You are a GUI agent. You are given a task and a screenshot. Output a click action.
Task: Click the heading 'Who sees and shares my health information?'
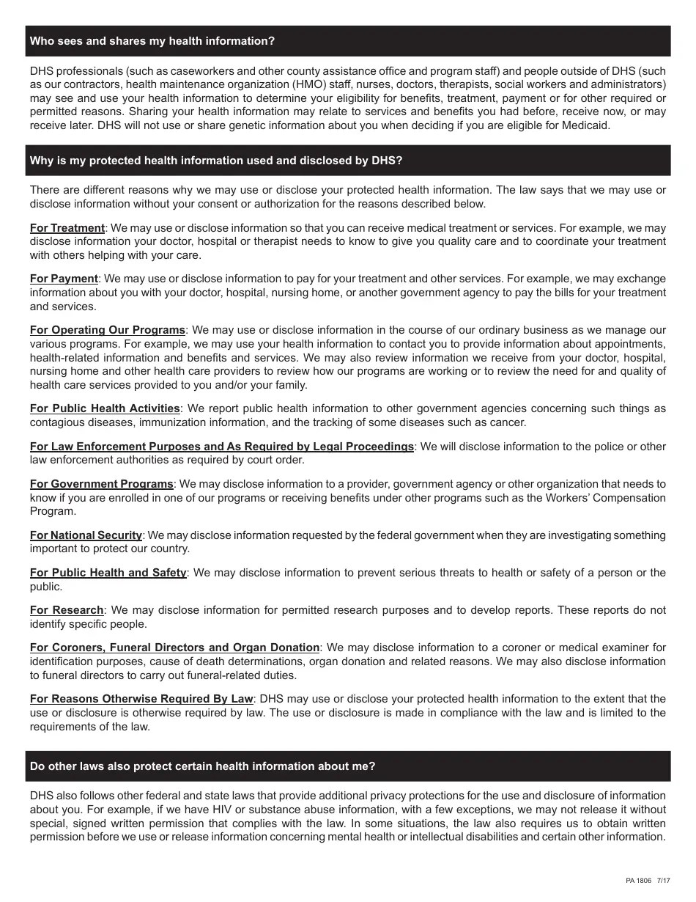[x=152, y=41]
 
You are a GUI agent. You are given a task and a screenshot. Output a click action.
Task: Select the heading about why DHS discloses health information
[x=216, y=161]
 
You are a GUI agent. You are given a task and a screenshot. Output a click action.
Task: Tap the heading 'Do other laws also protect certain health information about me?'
[x=202, y=766]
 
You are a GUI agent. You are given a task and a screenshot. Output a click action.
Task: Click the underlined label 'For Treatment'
[x=67, y=228]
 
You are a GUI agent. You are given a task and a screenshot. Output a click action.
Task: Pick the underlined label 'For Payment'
[x=64, y=279]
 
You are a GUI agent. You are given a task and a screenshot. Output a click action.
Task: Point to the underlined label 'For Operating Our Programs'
[x=108, y=330]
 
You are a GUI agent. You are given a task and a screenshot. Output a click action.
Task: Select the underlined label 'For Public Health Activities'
[x=105, y=408]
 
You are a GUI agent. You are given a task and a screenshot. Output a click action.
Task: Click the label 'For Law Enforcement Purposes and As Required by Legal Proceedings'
[x=221, y=447]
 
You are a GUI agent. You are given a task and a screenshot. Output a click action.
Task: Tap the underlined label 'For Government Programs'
[x=101, y=484]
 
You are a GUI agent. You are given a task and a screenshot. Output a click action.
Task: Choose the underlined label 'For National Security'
[x=86, y=535]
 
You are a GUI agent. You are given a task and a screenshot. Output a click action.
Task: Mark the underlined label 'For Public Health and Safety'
[x=108, y=573]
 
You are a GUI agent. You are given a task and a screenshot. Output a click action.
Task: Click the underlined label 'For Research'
[x=67, y=610]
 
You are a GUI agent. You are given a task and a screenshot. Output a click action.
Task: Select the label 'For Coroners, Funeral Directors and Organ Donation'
[x=174, y=648]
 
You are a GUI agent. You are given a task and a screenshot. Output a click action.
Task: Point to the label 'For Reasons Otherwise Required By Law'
[x=141, y=699]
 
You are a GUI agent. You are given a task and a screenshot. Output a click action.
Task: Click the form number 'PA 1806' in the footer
[x=639, y=881]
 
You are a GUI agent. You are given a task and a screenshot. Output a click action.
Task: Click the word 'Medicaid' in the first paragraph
[x=587, y=125]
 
